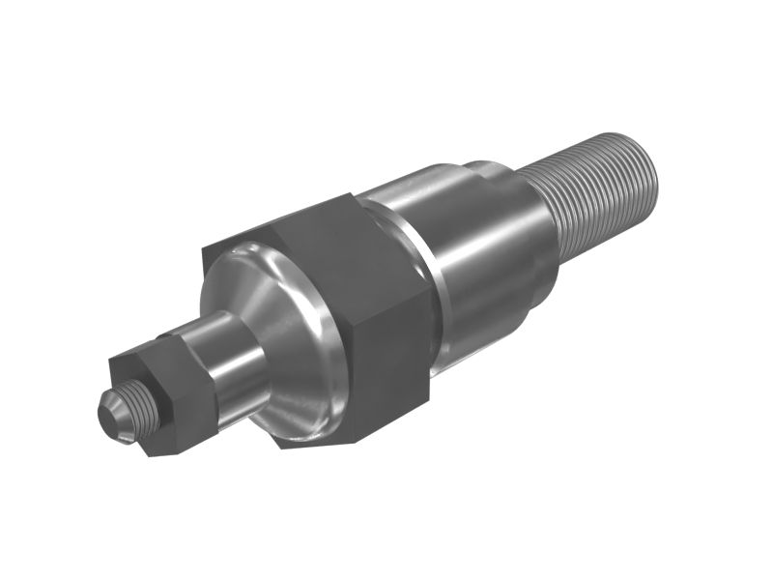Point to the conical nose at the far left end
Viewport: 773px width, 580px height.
coord(114,416)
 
